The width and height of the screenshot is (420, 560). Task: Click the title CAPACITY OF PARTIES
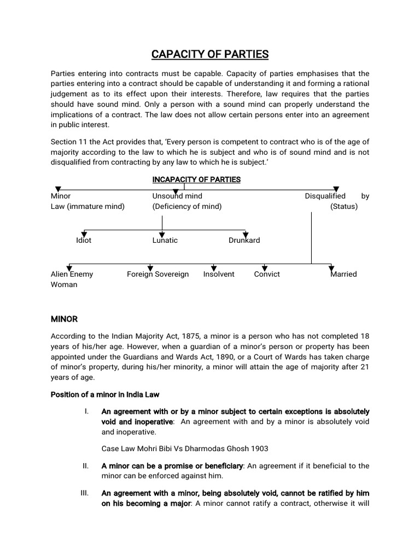pyautogui.click(x=210, y=54)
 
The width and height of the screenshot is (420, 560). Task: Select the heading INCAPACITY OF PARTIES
pyautogui.click(x=196, y=179)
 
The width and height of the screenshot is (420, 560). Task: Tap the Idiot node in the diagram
pyautogui.click(x=84, y=240)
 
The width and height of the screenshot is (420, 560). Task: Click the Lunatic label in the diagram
pyautogui.click(x=165, y=240)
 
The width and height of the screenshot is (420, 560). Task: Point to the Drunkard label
pyautogui.click(x=244, y=240)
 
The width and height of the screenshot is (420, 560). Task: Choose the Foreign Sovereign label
pyautogui.click(x=157, y=274)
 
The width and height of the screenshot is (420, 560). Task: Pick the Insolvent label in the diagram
pyautogui.click(x=219, y=274)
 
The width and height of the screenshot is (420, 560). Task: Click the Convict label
pyautogui.click(x=267, y=274)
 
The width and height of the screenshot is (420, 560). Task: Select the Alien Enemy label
pyautogui.click(x=72, y=274)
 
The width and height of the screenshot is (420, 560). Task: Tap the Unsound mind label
pyautogui.click(x=177, y=196)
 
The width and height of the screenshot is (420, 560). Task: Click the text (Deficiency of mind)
pyautogui.click(x=186, y=206)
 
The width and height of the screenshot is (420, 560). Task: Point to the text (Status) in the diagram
pyautogui.click(x=343, y=206)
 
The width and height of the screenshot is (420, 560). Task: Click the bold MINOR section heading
pyautogui.click(x=65, y=318)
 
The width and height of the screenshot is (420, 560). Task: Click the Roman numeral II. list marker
pyautogui.click(x=85, y=465)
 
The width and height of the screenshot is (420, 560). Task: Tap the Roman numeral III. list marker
pyautogui.click(x=84, y=493)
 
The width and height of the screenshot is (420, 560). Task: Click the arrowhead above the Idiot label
pyautogui.click(x=84, y=234)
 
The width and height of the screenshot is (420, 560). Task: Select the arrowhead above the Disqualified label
pyautogui.click(x=336, y=189)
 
